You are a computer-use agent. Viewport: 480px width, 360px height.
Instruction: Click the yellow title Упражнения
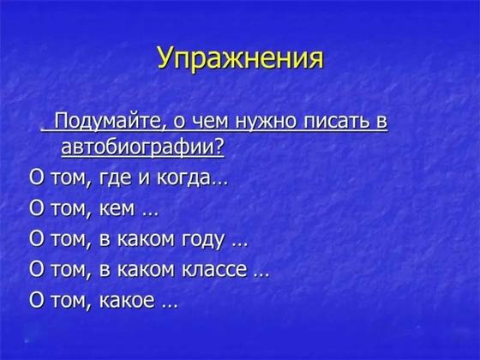pos(241,58)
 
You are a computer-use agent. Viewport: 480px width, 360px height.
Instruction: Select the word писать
pos(336,121)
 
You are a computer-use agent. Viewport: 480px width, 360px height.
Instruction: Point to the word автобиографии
pos(138,148)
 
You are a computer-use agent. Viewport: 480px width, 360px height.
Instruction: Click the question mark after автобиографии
pos(219,147)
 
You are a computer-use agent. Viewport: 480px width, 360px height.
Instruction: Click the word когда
pos(184,178)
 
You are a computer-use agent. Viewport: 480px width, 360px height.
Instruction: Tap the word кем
pos(117,209)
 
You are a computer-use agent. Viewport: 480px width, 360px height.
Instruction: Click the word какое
pos(127,301)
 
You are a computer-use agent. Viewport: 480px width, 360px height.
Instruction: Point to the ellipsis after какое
pos(170,305)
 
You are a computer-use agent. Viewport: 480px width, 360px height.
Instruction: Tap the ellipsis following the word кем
pos(151,214)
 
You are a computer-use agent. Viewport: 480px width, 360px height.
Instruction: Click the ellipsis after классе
pos(262,275)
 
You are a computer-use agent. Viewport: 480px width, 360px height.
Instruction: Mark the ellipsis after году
pos(240,244)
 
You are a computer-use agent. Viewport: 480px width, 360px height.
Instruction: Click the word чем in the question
pos(210,122)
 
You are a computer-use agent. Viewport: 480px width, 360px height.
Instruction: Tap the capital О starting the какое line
pos(36,300)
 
